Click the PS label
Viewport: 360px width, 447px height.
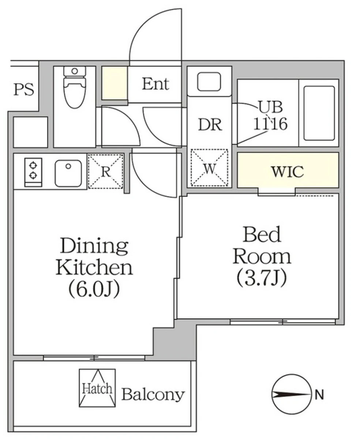click(x=24, y=90)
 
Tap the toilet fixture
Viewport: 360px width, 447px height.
click(x=75, y=87)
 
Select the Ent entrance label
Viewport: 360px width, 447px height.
click(x=155, y=84)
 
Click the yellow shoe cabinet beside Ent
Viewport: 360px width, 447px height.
click(x=114, y=83)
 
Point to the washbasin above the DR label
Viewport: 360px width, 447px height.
click(x=209, y=82)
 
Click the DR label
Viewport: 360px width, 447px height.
click(x=210, y=125)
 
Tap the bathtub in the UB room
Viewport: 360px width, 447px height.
click(x=319, y=113)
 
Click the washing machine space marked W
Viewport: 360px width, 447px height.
click(x=209, y=168)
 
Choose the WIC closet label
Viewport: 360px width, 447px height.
click(x=288, y=172)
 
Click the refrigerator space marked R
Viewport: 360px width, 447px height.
click(x=105, y=171)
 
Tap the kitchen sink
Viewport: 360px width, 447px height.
click(x=68, y=173)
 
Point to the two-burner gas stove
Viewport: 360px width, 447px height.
click(x=33, y=172)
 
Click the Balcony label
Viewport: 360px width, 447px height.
click(x=153, y=394)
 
